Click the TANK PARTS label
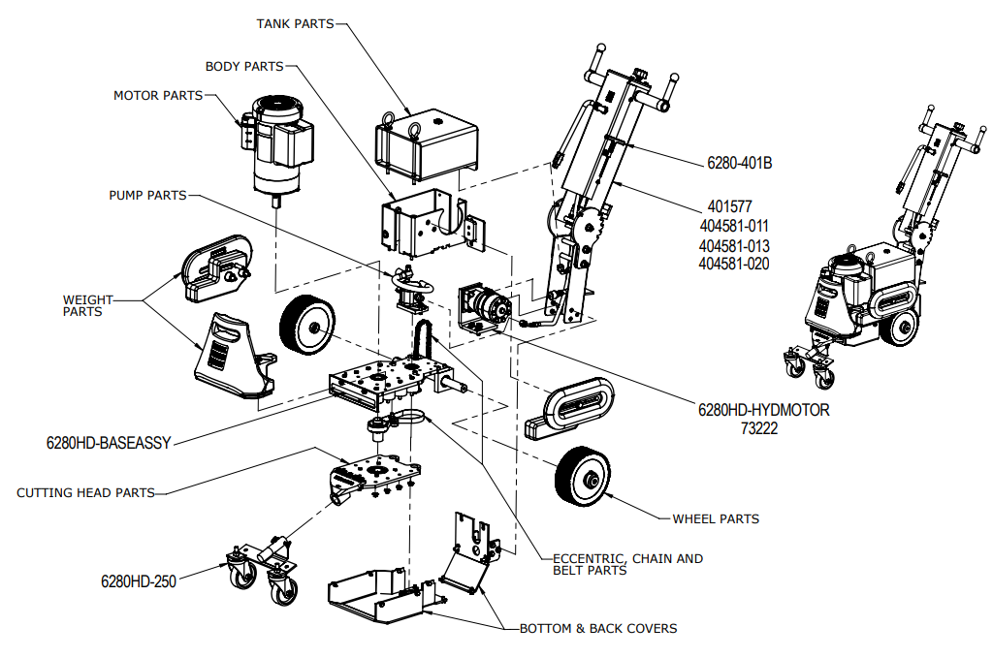click(295, 23)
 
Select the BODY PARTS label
click(244, 67)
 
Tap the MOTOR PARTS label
click(158, 96)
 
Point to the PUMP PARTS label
click(147, 195)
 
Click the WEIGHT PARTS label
click(88, 305)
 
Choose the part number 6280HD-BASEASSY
click(109, 443)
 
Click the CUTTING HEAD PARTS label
click(85, 492)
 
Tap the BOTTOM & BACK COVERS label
click(598, 628)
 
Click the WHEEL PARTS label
click(716, 518)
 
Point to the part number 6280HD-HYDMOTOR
click(764, 410)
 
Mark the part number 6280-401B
click(739, 163)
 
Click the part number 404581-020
click(734, 264)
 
